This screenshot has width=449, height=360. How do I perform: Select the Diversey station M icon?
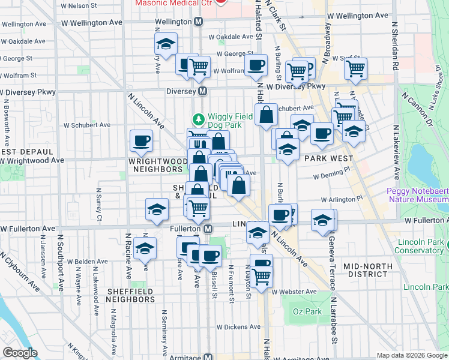pyautogui.click(x=203, y=92)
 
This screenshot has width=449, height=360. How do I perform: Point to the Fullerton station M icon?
pyautogui.click(x=208, y=229)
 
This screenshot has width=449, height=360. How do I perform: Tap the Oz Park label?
pyautogui.click(x=307, y=311)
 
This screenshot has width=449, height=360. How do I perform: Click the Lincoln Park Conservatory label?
pyautogui.click(x=421, y=246)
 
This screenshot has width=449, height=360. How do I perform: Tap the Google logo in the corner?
pyautogui.click(x=20, y=353)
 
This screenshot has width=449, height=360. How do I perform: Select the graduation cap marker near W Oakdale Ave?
pyautogui.click(x=166, y=43)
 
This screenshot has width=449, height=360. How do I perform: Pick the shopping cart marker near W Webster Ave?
pyautogui.click(x=261, y=276)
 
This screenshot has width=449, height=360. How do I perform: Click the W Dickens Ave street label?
pyautogui.click(x=238, y=328)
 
